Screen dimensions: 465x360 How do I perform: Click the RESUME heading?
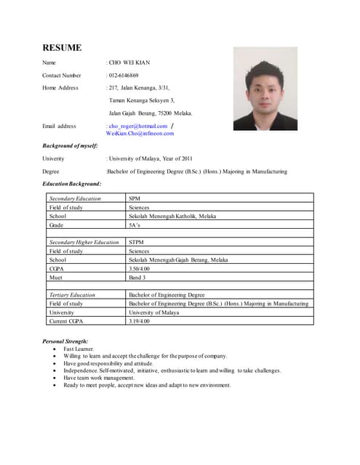point(62,48)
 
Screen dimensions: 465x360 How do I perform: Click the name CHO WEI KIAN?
point(129,63)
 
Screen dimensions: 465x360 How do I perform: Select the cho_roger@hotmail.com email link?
point(139,126)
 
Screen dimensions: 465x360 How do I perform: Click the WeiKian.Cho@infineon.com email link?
point(140,134)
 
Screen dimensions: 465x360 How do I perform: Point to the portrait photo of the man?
point(265,89)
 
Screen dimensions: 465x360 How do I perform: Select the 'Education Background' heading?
point(72,184)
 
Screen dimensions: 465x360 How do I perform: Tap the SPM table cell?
point(134,198)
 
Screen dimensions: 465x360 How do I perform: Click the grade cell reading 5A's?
point(135,225)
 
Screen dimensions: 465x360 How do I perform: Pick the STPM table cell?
point(136,242)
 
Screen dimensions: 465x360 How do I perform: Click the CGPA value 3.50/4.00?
point(139,268)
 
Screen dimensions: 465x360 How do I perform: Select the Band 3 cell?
point(137,277)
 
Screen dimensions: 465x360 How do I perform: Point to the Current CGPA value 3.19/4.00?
point(139,321)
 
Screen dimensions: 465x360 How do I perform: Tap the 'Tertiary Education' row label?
point(72,295)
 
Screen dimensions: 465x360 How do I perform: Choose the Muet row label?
point(56,277)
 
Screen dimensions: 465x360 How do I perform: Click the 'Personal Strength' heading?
point(65,341)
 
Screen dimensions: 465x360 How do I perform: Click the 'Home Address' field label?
point(60,88)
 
